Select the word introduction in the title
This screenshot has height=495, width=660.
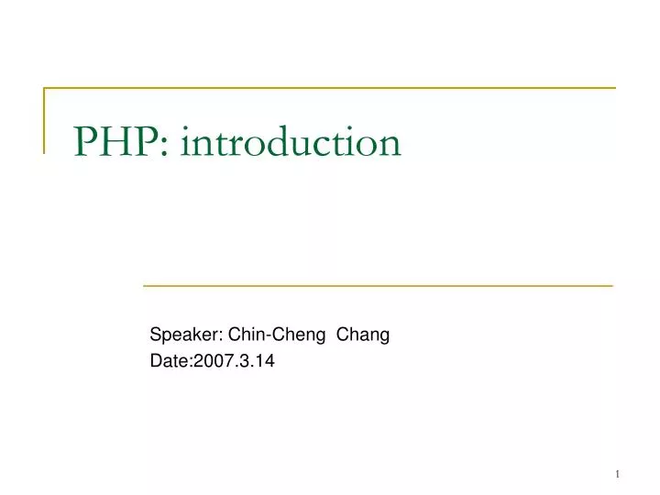pos(291,142)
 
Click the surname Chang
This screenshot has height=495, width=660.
pos(363,335)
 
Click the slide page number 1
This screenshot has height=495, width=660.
pos(618,473)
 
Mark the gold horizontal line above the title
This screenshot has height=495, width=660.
pos(330,89)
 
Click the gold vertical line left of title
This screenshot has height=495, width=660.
pos(45,119)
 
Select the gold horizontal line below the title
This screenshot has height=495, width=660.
pos(378,286)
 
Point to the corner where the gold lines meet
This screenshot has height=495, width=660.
pos(45,89)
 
